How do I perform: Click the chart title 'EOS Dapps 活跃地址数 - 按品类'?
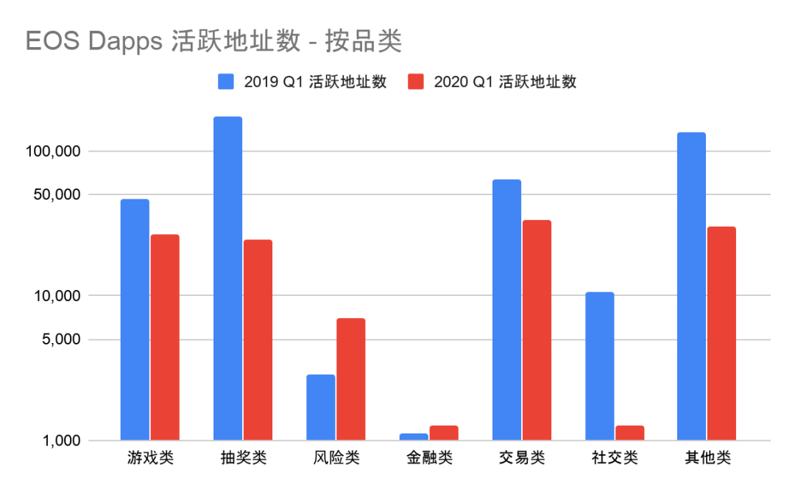click(213, 41)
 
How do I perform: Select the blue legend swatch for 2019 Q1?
click(225, 82)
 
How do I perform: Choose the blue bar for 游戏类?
click(135, 319)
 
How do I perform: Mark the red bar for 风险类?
click(350, 379)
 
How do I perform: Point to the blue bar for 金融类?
click(413, 437)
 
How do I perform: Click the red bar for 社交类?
click(629, 434)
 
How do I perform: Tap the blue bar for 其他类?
click(691, 286)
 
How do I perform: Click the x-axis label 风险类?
click(336, 459)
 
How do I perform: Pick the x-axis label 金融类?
click(429, 459)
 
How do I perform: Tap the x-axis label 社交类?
click(615, 459)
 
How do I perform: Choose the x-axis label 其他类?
click(707, 459)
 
